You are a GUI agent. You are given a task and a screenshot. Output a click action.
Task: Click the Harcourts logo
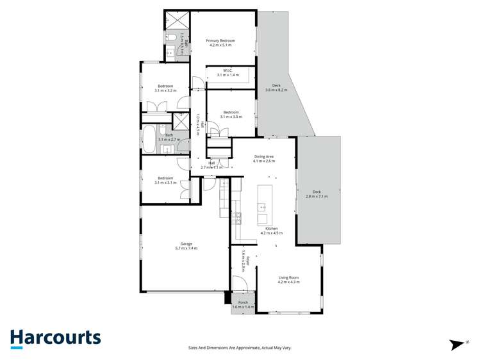(55, 338)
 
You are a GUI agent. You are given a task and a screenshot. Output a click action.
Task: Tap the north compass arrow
(457, 345)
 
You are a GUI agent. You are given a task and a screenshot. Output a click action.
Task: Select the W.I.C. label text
(227, 70)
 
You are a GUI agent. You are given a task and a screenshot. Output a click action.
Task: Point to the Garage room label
(186, 243)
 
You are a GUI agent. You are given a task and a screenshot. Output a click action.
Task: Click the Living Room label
(288, 277)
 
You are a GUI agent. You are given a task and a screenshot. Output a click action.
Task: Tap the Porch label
(243, 302)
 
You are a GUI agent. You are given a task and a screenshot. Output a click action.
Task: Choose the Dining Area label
(264, 156)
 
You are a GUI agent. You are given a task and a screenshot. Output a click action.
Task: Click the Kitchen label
(272, 229)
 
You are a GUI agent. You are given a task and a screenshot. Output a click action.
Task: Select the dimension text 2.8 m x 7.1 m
(316, 197)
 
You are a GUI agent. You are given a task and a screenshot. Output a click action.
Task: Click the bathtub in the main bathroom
(149, 138)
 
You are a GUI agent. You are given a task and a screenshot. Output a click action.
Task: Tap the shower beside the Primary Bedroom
(172, 20)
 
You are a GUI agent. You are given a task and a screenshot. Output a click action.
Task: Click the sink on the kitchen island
(263, 207)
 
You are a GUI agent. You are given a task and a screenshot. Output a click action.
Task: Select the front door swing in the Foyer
(240, 283)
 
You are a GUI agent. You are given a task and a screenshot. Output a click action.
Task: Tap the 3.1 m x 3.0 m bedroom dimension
(231, 117)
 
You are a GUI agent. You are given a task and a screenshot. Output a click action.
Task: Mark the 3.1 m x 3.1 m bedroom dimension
(165, 183)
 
